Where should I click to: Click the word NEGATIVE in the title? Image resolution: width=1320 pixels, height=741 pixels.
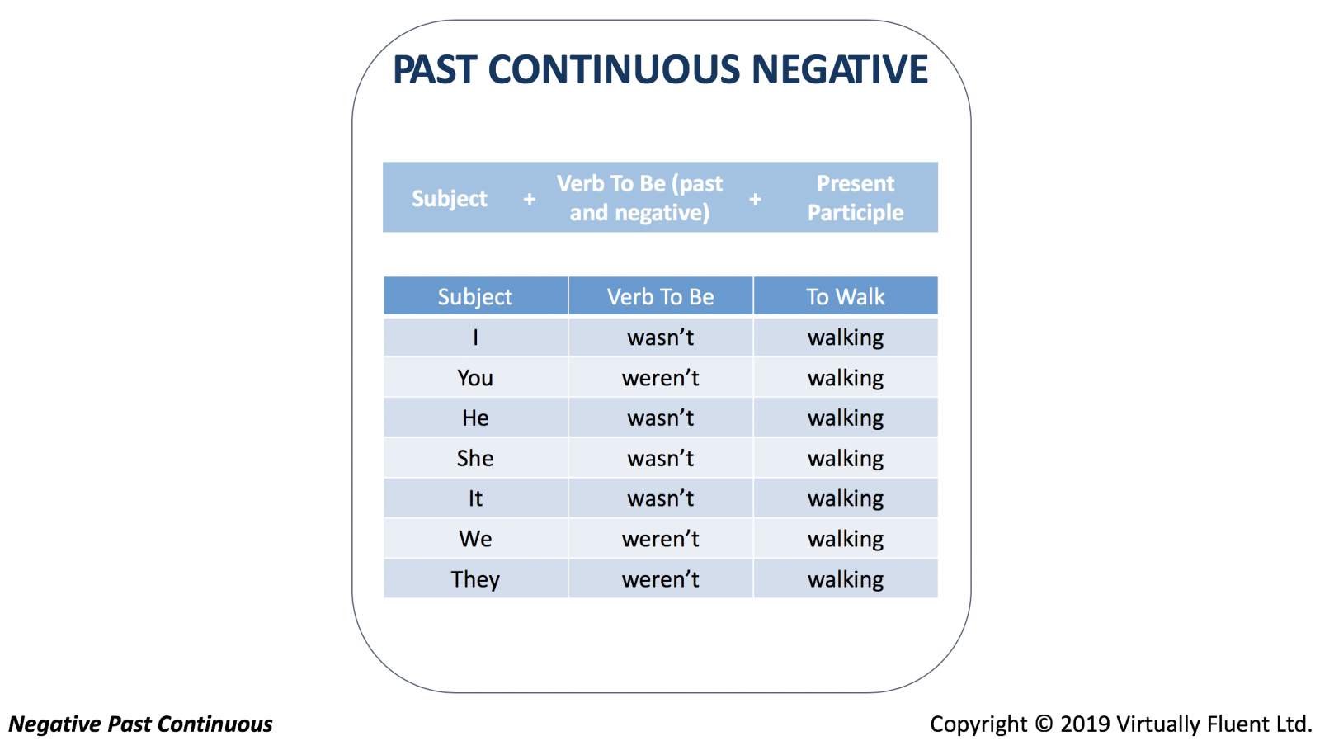[x=840, y=69]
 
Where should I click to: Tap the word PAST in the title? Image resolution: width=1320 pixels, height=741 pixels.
[x=434, y=69]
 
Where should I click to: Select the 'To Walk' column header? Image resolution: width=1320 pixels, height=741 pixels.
[x=845, y=296]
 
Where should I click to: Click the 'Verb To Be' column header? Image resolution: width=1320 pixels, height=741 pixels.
[x=660, y=296]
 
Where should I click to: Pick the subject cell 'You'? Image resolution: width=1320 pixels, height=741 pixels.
[x=475, y=378]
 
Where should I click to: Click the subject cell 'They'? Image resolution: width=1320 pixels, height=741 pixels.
[x=475, y=579]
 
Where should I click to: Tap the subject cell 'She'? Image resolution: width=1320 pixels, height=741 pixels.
[x=475, y=458]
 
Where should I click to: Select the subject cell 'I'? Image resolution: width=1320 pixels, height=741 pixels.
[x=475, y=337]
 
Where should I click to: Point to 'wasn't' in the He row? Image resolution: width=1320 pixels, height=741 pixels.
[x=660, y=418]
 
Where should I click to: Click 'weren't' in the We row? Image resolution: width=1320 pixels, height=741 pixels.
[x=660, y=539]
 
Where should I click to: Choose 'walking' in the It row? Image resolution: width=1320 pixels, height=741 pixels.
[x=845, y=498]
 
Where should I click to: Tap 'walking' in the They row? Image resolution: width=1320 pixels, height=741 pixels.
[x=845, y=579]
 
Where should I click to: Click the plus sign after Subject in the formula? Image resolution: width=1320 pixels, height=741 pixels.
[x=529, y=199]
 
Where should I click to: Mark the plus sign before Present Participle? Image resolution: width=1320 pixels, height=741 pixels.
[x=755, y=199]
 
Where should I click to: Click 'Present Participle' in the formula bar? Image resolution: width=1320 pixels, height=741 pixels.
[x=855, y=198]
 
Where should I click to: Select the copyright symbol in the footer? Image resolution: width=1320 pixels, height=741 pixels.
[x=1043, y=724]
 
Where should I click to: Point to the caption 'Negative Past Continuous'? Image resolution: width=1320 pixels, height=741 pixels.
[x=140, y=724]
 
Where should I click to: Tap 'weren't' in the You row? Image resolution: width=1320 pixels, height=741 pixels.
[x=660, y=378]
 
